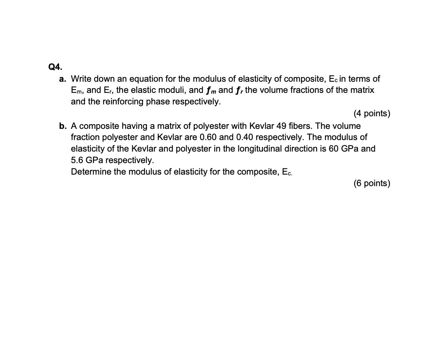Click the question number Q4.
[55, 67]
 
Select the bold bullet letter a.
[63, 78]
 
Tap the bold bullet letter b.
[63, 126]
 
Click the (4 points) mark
[372, 113]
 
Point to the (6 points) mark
[372, 183]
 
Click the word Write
[81, 78]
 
